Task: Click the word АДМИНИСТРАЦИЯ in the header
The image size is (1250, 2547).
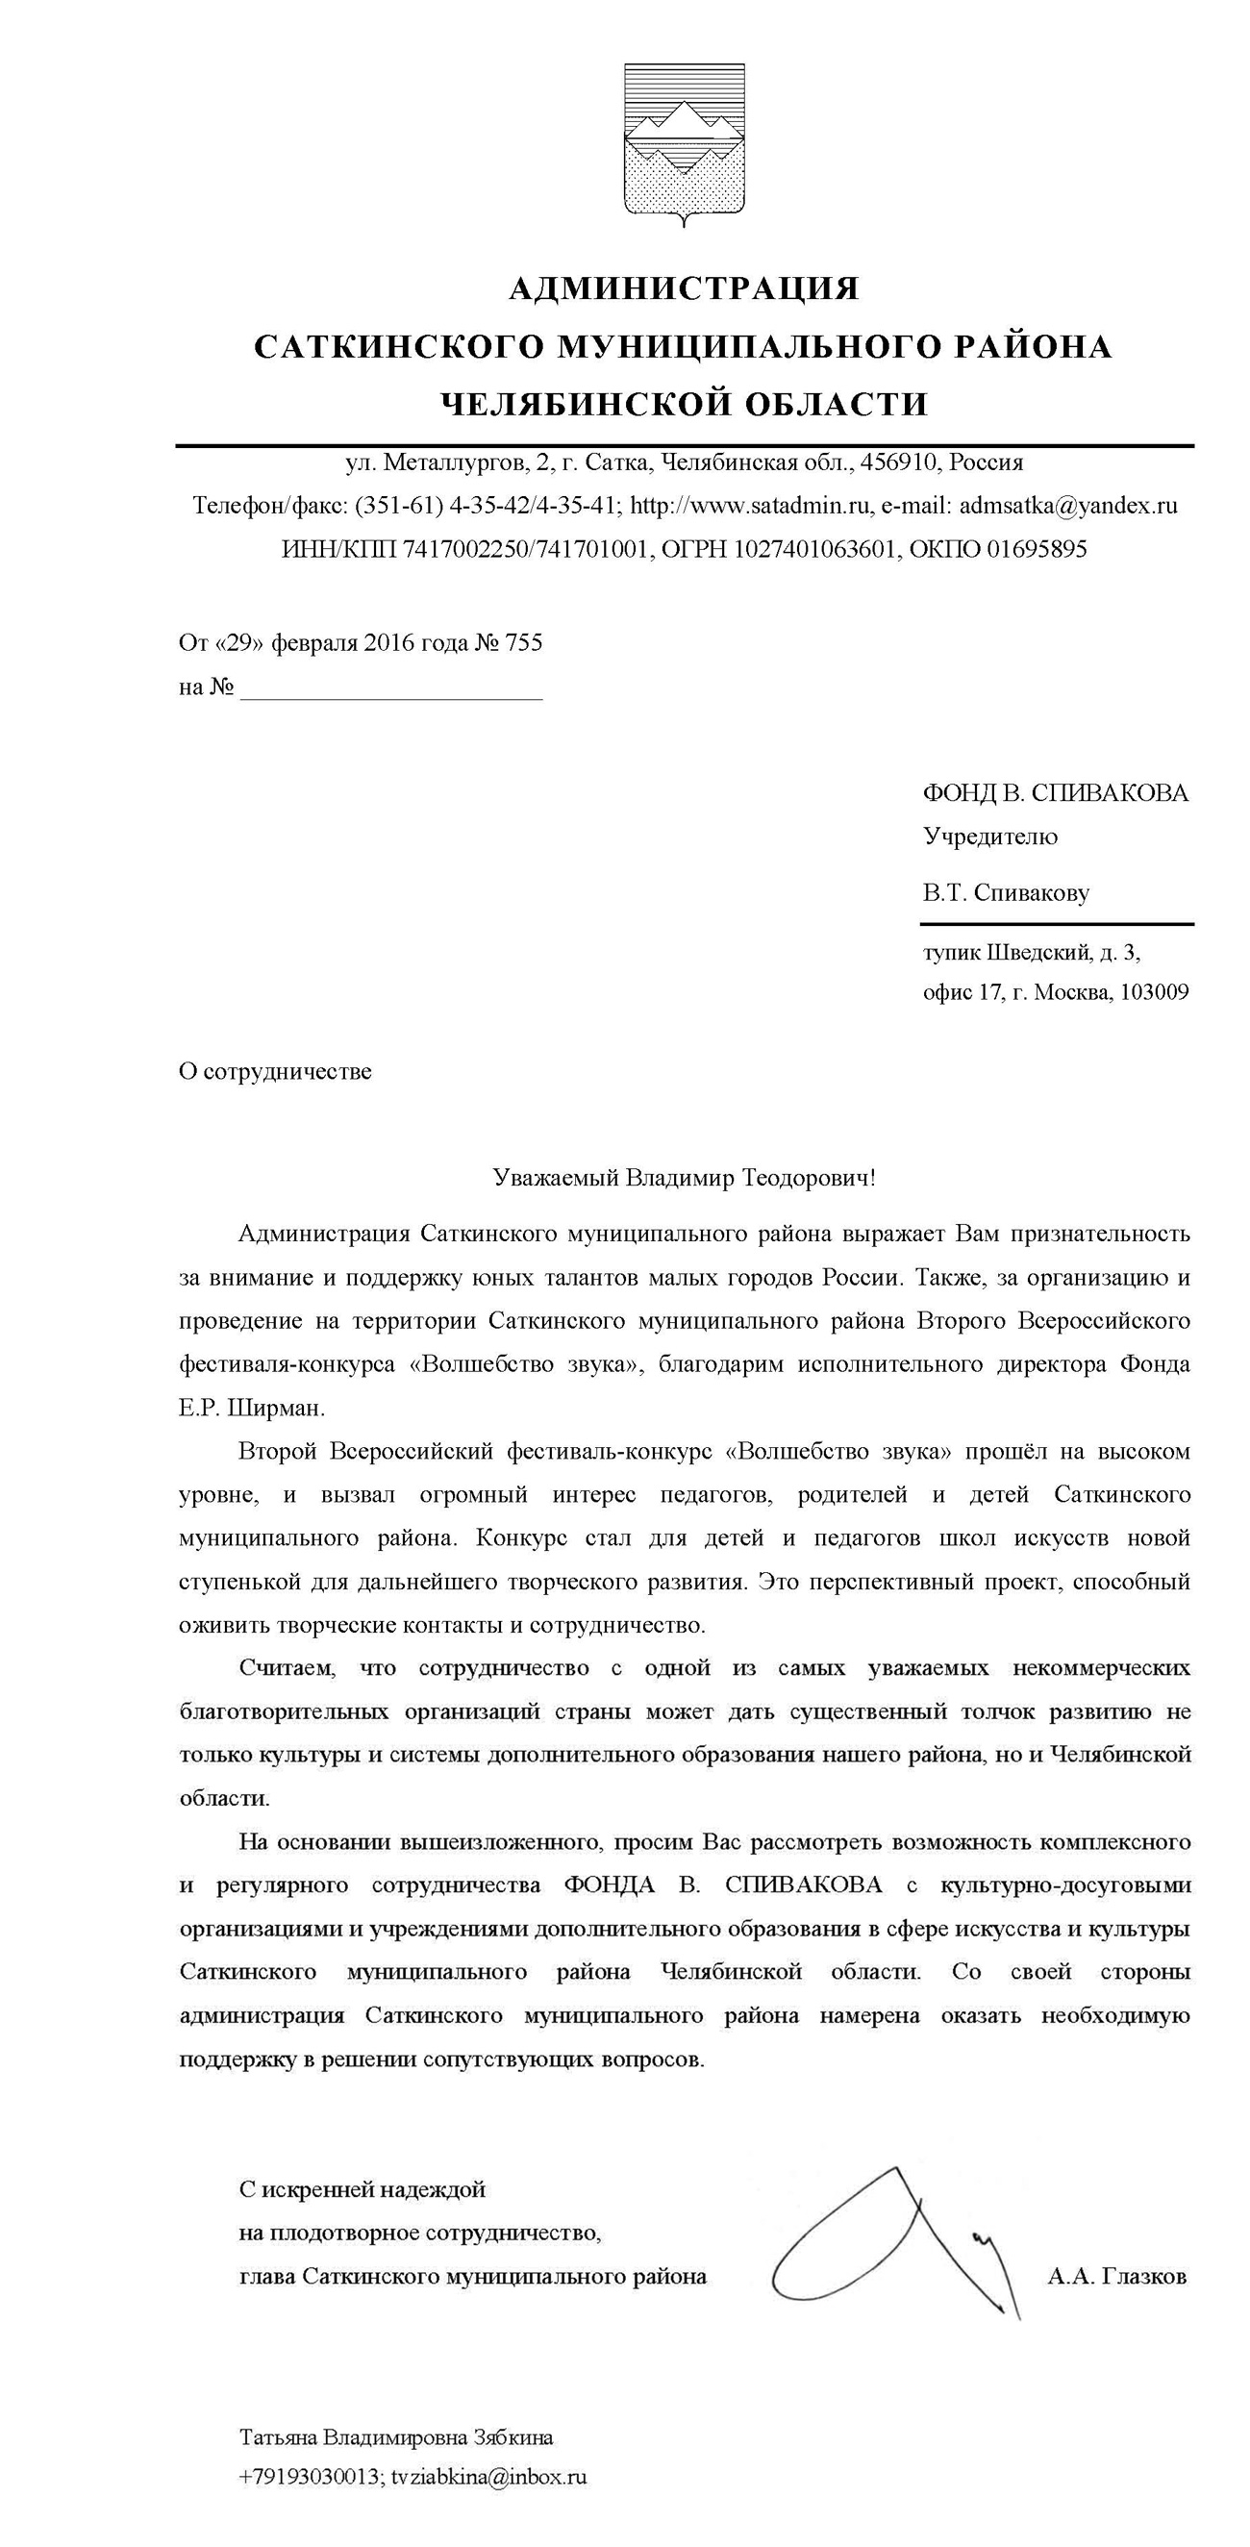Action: (684, 288)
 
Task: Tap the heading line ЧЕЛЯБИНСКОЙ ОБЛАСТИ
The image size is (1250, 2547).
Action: (684, 405)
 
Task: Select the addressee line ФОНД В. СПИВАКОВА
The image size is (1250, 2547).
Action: (1055, 794)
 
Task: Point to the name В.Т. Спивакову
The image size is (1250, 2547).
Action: (1006, 894)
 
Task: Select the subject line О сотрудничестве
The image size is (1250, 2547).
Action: (275, 1072)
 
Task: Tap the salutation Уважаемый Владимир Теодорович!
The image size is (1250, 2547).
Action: (684, 1179)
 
